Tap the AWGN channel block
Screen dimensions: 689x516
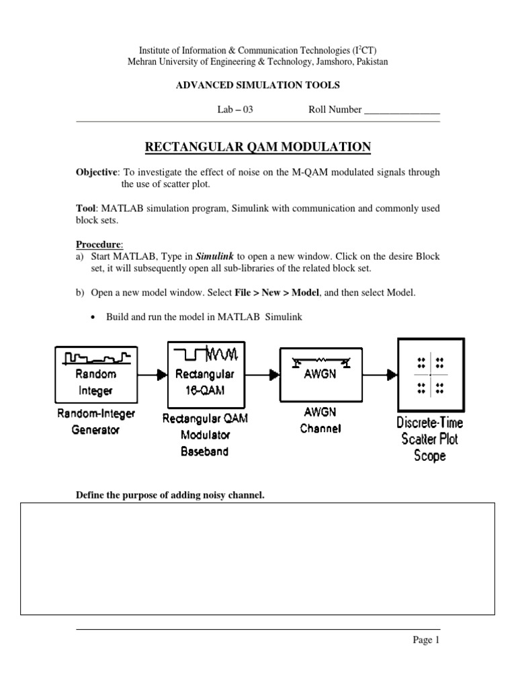click(x=316, y=374)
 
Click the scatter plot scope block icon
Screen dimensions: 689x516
click(x=430, y=374)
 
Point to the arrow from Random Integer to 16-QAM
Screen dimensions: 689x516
click(x=155, y=375)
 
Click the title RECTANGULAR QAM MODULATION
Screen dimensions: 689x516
click(x=258, y=147)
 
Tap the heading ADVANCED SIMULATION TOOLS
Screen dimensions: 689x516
click(x=258, y=85)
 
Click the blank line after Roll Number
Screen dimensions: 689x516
click(x=402, y=110)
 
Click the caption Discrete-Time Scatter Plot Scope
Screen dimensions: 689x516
click(x=430, y=439)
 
